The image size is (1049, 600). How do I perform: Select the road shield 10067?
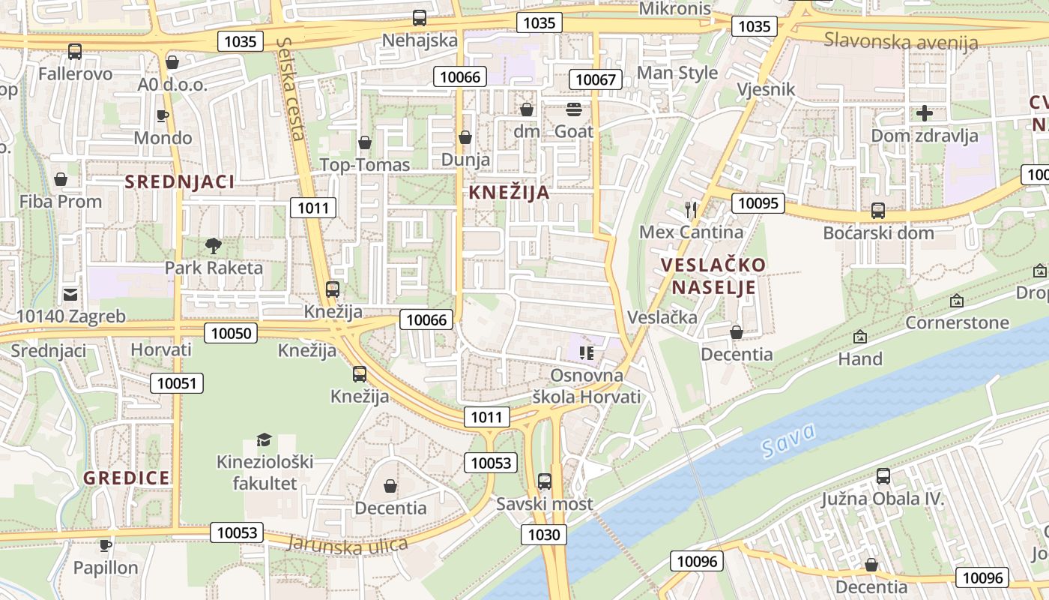596,79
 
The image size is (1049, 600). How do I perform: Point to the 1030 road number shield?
544,535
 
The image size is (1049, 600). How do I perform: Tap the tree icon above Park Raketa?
214,244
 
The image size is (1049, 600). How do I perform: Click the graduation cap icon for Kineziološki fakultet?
264,439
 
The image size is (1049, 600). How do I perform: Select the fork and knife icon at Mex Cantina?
691,210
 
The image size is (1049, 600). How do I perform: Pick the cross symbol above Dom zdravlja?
925,113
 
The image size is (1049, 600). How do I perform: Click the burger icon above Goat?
574,109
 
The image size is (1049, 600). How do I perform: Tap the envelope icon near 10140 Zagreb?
70,294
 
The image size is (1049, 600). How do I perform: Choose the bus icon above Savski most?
545,481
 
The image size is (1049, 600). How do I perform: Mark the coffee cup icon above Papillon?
106,545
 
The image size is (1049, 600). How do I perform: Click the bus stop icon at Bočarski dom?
878,211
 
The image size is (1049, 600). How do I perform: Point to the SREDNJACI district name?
180,181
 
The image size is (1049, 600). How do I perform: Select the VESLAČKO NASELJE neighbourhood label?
713,276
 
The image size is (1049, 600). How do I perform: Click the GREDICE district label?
127,478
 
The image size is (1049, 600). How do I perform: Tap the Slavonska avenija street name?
901,40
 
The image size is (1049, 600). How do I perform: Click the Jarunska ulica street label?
347,544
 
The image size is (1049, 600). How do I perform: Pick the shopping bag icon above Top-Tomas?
365,142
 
